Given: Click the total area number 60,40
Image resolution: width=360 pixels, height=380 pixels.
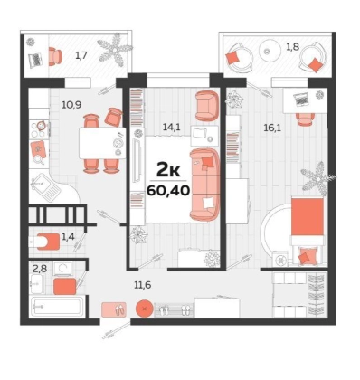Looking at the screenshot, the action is point(168,190).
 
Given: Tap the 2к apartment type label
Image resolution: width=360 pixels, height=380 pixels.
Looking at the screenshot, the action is point(168,171).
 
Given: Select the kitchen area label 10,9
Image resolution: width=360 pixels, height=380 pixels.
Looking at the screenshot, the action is point(71,105).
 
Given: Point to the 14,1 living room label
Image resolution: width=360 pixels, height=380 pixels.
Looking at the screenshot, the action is point(171,127).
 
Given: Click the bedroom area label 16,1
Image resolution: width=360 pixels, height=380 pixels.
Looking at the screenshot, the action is point(272,128).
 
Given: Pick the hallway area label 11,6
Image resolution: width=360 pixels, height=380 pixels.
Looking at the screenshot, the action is point(143,284).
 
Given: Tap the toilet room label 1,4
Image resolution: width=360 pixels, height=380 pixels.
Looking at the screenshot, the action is point(68,236).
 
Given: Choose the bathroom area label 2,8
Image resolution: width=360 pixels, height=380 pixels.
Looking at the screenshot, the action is point(40,268).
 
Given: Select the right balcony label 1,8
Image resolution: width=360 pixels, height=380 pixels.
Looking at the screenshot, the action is point(293,47).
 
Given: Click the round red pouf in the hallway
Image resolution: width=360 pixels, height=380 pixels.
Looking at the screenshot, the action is point(145,309).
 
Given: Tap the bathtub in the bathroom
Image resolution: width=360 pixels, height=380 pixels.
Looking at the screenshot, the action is point(56,307).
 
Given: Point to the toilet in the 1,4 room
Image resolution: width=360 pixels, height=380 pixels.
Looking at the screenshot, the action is point(44,242).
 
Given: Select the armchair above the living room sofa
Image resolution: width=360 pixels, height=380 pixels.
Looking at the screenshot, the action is point(206,105).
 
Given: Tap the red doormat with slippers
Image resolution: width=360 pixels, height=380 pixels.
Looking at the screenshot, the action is point(114,309).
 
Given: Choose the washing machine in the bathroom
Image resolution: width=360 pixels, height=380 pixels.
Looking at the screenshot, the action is point(62,269).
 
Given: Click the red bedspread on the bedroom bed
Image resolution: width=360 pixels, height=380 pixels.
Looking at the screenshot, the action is point(308,216).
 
